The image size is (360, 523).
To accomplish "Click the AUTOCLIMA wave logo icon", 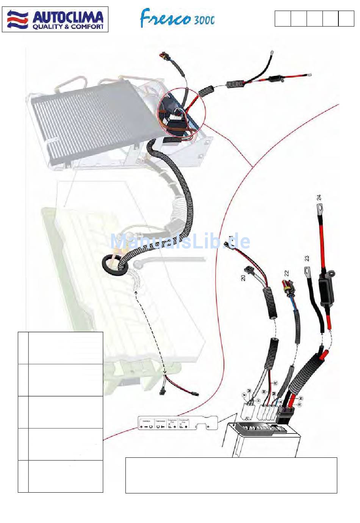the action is [17, 19].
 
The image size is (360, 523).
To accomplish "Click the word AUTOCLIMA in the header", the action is [68, 17].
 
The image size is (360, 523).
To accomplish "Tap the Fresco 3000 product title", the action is [177, 18].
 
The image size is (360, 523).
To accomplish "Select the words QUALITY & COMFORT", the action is [68, 27].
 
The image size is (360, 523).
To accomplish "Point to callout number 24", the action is [319, 197].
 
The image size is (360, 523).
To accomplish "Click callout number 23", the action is [307, 258].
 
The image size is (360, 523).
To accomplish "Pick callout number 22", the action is [286, 273].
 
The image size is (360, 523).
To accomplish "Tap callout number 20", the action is [243, 278].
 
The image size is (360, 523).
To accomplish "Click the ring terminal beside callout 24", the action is [319, 207].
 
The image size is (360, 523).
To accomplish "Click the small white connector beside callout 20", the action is [249, 270].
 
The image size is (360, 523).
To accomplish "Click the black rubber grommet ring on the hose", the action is [113, 264].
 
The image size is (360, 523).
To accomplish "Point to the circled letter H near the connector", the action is [258, 400].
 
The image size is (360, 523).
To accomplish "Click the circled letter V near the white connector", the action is [244, 394].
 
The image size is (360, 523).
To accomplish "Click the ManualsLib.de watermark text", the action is [180, 241].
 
